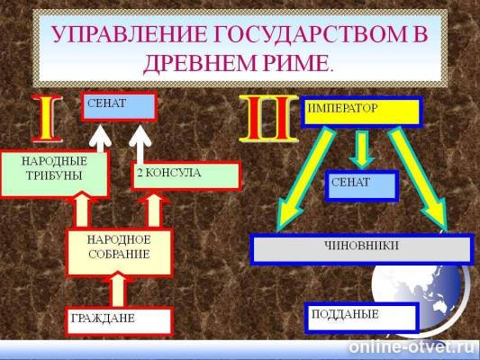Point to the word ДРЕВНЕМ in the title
(196, 64)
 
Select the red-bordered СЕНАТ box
(119, 108)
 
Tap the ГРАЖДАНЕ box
(118, 319)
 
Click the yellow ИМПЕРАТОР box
(361, 111)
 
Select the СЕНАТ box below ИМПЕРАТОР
(360, 185)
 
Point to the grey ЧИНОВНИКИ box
(361, 247)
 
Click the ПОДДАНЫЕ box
(361, 316)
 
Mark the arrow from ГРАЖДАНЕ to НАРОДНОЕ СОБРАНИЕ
(117, 290)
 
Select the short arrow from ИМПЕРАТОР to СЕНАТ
(361, 148)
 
